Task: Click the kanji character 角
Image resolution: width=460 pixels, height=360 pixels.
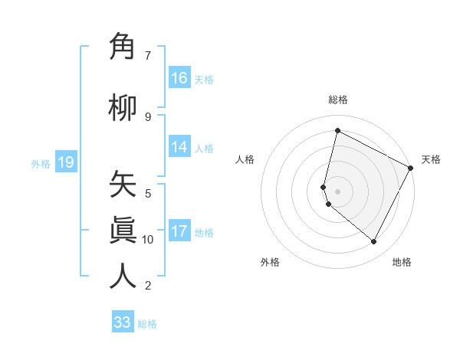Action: [123, 47]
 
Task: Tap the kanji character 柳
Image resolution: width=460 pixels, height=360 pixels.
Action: [123, 107]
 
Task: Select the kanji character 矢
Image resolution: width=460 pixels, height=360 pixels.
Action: [123, 185]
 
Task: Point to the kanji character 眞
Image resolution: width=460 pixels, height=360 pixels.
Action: [123, 230]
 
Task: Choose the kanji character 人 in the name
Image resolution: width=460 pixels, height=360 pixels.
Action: [123, 276]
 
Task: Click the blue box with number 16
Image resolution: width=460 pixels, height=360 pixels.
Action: [179, 77]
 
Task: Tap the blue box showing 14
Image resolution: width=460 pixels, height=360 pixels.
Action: [179, 148]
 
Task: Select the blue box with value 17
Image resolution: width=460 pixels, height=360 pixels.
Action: [179, 231]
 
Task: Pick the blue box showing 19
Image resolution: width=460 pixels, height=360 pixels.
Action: [65, 162]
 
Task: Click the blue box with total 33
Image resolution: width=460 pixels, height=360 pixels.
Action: [123, 322]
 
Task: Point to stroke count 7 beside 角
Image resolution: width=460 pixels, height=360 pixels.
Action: [148, 55]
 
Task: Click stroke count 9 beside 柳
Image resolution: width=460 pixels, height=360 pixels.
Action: [148, 116]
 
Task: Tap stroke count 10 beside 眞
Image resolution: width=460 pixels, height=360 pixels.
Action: [148, 240]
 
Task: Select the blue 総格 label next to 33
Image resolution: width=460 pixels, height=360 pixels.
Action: [147, 324]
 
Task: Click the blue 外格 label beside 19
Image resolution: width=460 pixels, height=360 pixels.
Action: [41, 164]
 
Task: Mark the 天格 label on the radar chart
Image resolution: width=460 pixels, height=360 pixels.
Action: [431, 159]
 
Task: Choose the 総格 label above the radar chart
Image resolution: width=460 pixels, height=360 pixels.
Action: [337, 100]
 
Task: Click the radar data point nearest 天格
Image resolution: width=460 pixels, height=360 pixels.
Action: [412, 168]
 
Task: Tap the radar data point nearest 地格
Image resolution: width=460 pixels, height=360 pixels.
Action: [374, 242]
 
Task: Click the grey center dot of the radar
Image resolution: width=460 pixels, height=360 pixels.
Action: [337, 191]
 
